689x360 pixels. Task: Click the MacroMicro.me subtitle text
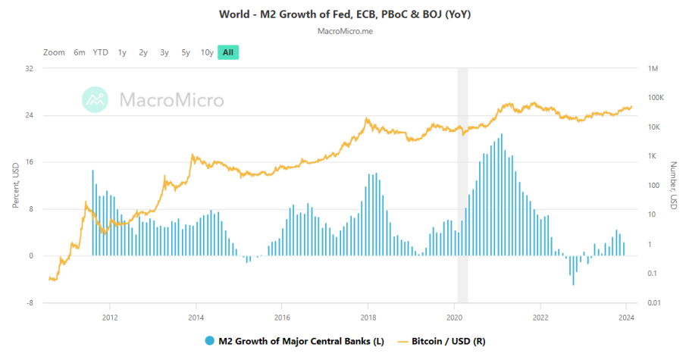point(344,32)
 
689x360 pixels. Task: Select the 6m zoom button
point(80,52)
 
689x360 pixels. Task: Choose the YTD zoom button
point(100,52)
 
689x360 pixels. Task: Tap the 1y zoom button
point(122,52)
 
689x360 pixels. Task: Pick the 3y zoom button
point(164,52)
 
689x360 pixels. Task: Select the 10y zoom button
point(207,52)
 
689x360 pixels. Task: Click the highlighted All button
point(228,52)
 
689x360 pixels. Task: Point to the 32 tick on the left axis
point(30,69)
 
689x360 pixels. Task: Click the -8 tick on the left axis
point(30,303)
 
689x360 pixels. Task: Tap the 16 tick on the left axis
point(30,162)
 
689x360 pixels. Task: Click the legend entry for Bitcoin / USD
point(447,342)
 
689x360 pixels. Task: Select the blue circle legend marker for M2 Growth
point(209,342)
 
